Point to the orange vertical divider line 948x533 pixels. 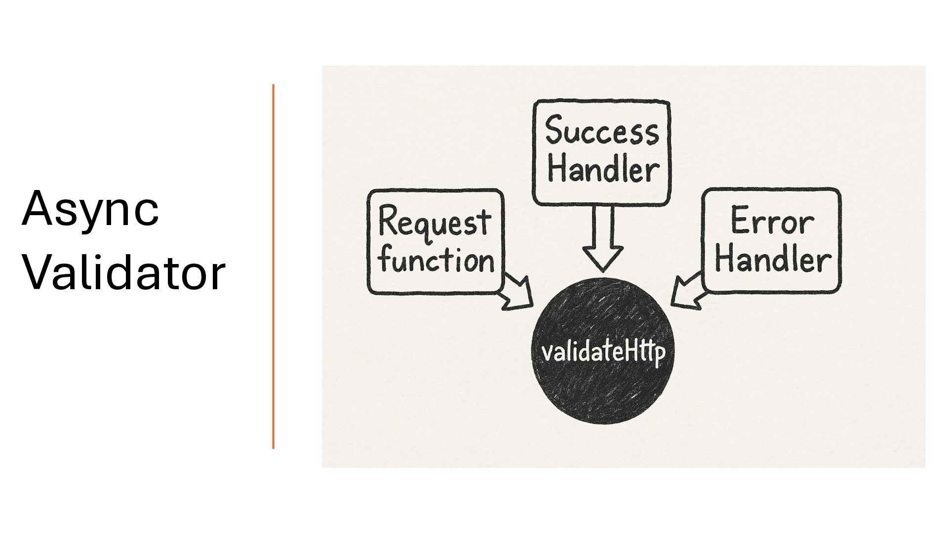coord(273,266)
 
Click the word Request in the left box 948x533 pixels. coord(434,223)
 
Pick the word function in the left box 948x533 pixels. coord(436,260)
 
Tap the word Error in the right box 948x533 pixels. coord(772,222)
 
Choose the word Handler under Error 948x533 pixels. coord(773,260)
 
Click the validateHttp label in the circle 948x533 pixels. coord(603,352)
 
